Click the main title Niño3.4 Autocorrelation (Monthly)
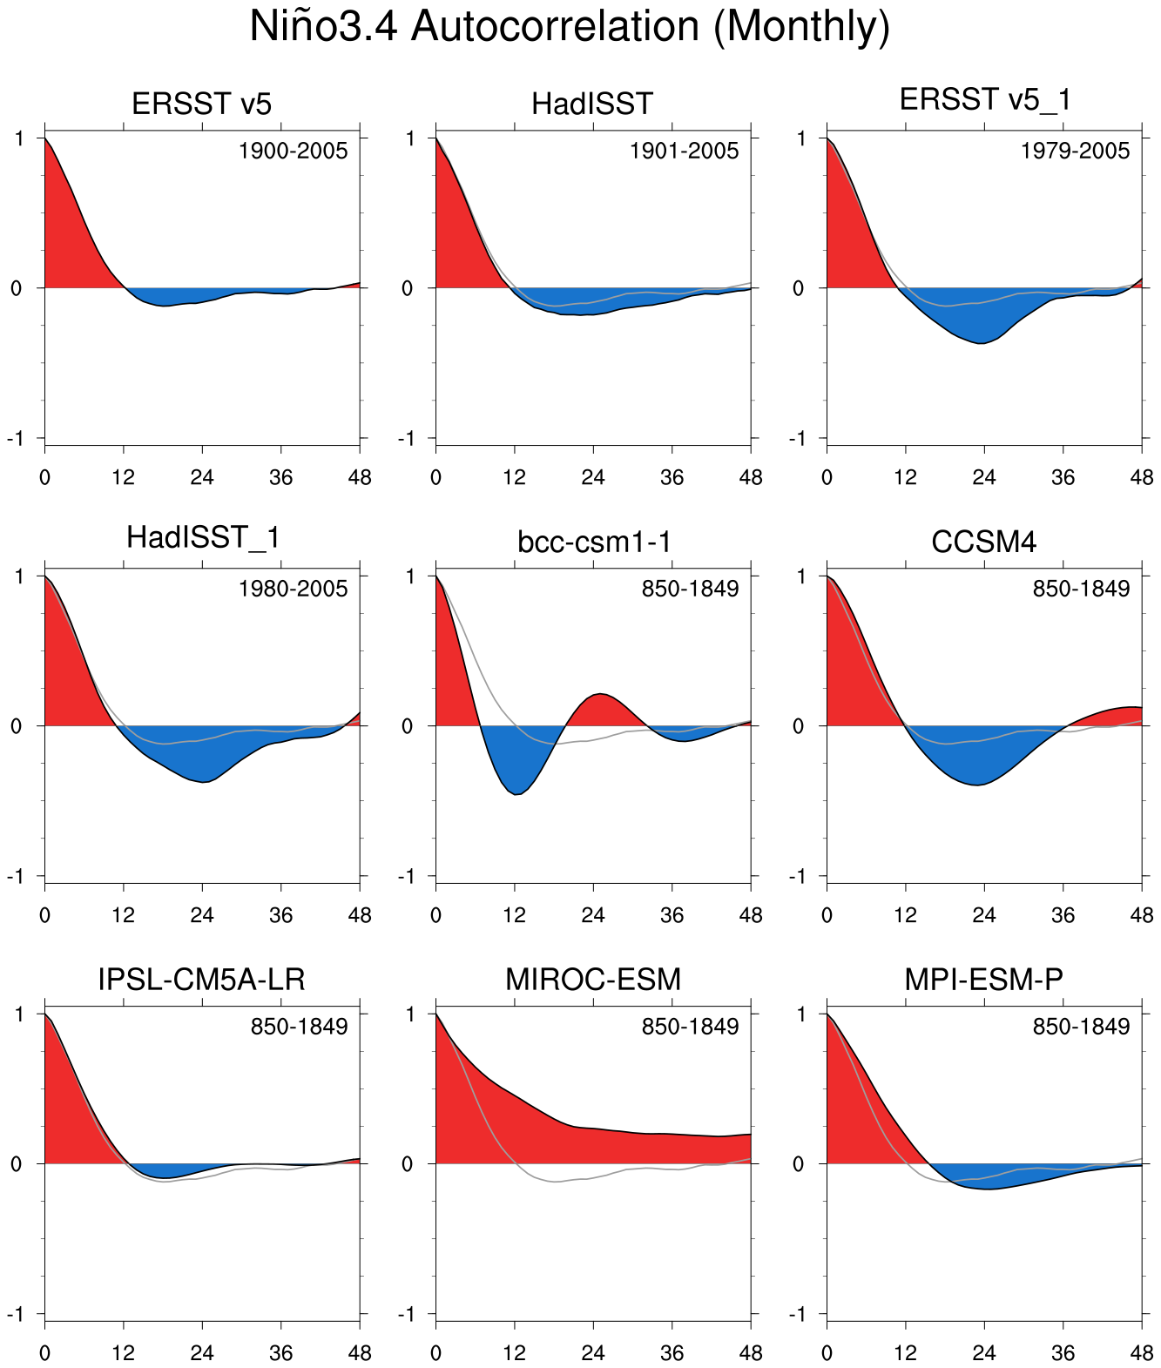(570, 27)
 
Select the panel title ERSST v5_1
(984, 100)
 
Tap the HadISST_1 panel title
(202, 537)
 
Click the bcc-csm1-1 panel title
(593, 542)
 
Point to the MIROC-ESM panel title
(593, 980)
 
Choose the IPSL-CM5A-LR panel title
(202, 980)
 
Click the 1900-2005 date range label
(293, 152)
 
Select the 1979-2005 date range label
(1075, 152)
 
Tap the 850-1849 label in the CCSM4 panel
(1081, 590)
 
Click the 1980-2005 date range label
(293, 590)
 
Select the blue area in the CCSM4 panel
(980, 753)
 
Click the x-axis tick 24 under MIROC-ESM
(593, 1352)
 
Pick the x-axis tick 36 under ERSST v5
(280, 477)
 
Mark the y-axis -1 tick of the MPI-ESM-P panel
(799, 1313)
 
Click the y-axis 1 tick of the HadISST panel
(408, 138)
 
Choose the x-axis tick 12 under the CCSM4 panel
(906, 915)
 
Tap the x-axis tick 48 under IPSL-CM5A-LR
(359, 1352)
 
